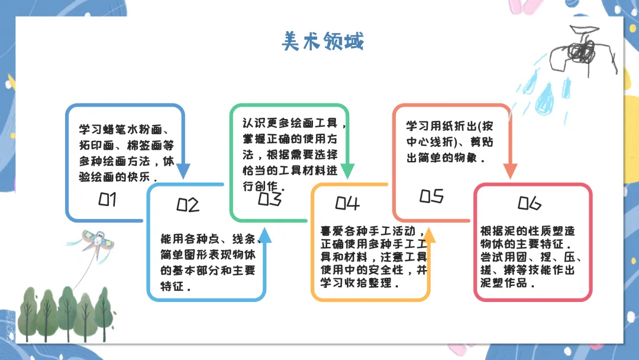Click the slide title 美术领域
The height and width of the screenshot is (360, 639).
322,41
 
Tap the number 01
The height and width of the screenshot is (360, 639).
107,200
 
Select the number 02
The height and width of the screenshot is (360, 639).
188,205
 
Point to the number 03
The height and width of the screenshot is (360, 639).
269,200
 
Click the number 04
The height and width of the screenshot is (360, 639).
347,203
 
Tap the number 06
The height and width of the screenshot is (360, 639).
529,203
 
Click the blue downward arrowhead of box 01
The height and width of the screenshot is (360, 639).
184,171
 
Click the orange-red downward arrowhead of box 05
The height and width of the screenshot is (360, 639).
510,171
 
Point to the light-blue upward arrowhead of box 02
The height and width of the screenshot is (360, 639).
266,236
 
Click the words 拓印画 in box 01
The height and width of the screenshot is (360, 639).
93,146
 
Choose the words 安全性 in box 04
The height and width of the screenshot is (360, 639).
386,270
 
